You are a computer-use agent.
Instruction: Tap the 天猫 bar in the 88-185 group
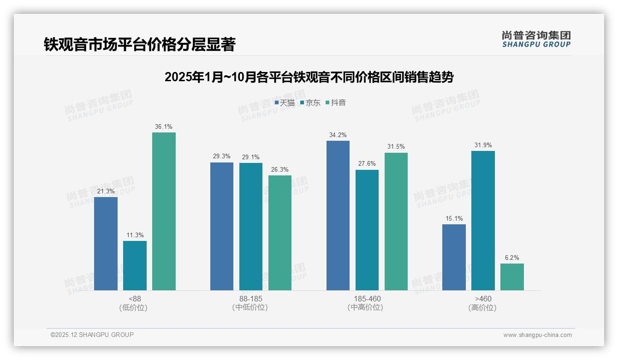click(x=222, y=226)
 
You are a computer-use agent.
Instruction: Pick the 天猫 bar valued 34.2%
click(x=338, y=216)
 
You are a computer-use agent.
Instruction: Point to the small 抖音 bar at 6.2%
click(x=512, y=277)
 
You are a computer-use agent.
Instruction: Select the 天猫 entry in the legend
click(x=285, y=103)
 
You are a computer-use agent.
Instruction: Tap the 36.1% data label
click(x=164, y=127)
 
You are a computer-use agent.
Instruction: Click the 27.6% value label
click(x=367, y=164)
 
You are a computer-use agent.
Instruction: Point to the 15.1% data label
click(x=454, y=218)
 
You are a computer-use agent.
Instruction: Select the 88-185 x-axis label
click(x=250, y=299)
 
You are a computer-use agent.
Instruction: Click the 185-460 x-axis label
click(x=367, y=299)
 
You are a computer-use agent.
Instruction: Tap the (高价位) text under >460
click(x=482, y=308)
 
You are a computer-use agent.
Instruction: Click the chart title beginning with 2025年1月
click(x=309, y=77)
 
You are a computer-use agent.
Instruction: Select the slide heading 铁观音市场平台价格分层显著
click(x=139, y=45)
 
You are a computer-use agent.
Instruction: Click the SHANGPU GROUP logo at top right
click(x=536, y=39)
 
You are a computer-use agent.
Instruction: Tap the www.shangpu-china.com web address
click(x=537, y=335)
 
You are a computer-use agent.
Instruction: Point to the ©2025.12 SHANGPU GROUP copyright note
click(x=92, y=335)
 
